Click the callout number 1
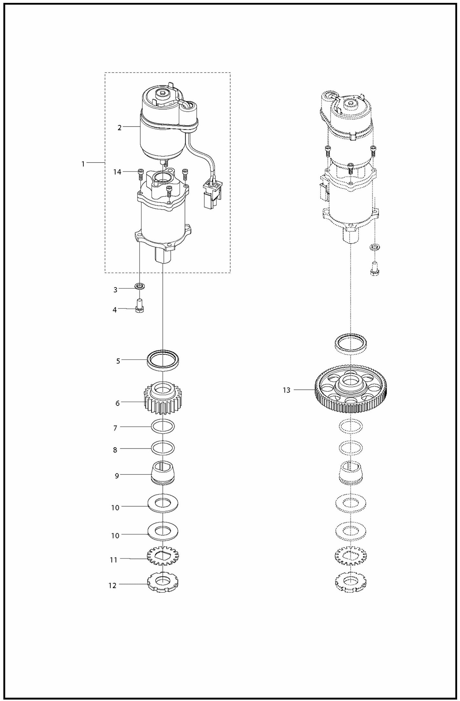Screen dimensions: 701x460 tap(83, 164)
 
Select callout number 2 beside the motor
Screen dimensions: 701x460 tap(119, 128)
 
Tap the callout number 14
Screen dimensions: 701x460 tap(117, 172)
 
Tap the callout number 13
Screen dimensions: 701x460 tap(287, 390)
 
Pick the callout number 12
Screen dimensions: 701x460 tap(112, 585)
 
